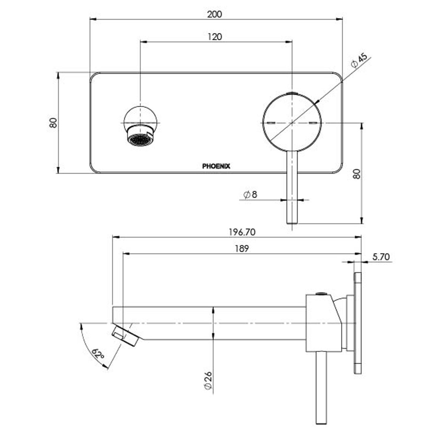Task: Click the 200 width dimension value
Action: coord(215,14)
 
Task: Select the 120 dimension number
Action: coord(215,36)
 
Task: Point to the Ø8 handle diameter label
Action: coord(250,195)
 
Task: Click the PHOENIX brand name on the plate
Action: coord(216,166)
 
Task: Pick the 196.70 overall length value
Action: coord(242,232)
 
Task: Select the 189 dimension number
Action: coord(242,249)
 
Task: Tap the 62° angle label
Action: coord(98,354)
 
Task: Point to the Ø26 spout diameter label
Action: coord(208,382)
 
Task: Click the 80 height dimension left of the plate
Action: coord(53,122)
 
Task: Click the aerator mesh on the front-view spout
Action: coord(140,140)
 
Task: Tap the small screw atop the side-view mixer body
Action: coord(321,293)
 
